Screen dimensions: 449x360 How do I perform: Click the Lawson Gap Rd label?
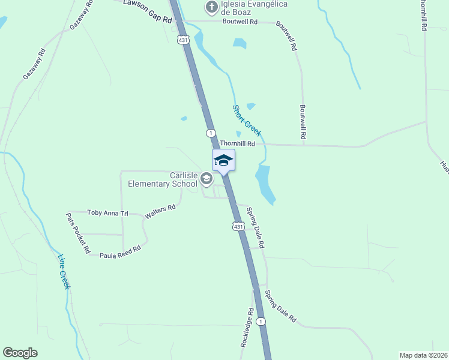click(148, 11)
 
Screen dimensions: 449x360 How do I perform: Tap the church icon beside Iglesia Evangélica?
click(211, 7)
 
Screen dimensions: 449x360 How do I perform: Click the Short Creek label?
click(247, 120)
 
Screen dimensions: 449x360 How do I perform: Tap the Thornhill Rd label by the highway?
click(238, 143)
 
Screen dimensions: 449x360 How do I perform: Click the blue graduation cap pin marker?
click(223, 161)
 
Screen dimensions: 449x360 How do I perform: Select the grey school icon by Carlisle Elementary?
click(206, 178)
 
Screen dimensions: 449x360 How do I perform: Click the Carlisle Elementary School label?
click(175, 179)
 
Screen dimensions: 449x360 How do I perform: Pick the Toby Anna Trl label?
click(108, 212)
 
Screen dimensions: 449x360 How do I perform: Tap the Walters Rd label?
click(160, 211)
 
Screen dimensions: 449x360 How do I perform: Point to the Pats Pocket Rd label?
click(78, 233)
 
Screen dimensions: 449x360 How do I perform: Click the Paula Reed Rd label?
click(120, 251)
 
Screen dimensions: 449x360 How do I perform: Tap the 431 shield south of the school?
click(238, 226)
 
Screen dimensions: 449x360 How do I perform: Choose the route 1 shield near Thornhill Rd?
click(211, 132)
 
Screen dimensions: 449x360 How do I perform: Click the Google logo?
click(20, 353)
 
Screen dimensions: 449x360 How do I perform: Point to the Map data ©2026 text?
click(423, 355)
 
